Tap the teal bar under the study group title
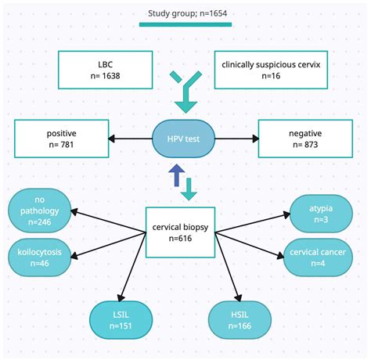[x=185, y=24]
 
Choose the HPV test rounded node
[x=185, y=139]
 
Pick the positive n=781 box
[x=61, y=139]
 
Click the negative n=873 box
[x=305, y=139]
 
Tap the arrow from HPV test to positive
[x=130, y=139]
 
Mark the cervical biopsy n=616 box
[x=181, y=232]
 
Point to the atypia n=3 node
[x=319, y=212]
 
